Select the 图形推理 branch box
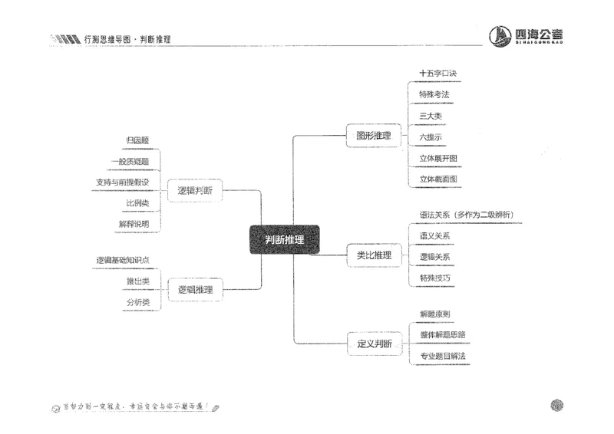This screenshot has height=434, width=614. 373,136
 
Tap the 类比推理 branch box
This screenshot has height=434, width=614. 374,255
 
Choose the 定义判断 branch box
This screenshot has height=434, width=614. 374,344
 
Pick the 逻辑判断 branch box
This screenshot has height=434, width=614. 195,189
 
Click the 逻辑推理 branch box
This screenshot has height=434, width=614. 195,290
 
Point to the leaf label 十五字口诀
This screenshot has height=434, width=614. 438,74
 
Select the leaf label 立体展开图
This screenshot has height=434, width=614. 438,158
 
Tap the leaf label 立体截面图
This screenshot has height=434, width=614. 438,179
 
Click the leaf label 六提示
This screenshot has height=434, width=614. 431,137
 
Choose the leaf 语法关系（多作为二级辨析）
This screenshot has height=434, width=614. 466,215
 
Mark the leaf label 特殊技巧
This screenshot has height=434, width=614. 434,277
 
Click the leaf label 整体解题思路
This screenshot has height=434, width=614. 442,335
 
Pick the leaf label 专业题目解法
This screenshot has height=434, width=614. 442,356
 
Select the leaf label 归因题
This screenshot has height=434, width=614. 137,140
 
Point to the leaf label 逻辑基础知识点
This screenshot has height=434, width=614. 122,261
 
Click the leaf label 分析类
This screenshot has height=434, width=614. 137,303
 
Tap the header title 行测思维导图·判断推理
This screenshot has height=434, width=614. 127,38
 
